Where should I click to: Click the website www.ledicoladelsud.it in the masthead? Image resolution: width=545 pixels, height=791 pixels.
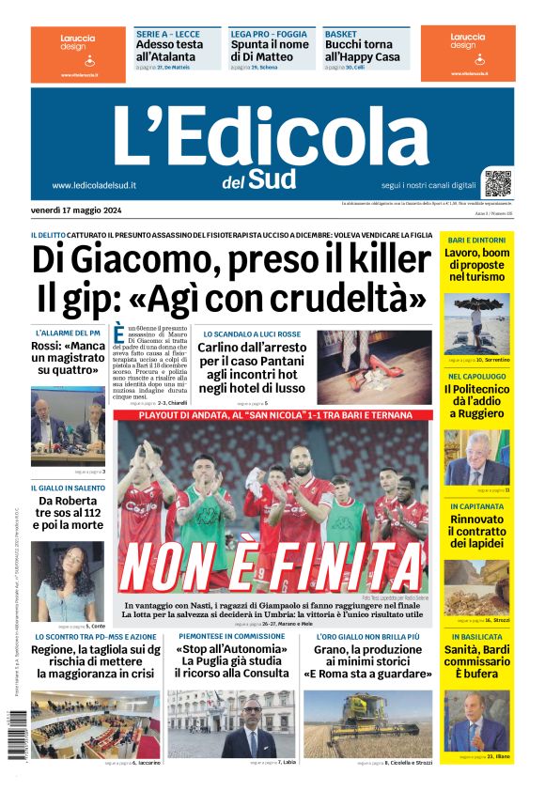coord(94,186)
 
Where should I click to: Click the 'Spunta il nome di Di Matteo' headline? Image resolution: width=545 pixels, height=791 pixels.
coord(269,50)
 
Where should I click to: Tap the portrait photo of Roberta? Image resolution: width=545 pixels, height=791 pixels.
coord(67,581)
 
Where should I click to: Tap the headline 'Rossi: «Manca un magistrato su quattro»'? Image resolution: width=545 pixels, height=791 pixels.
coord(68,358)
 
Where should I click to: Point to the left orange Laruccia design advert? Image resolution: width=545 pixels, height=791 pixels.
coord(67,52)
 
